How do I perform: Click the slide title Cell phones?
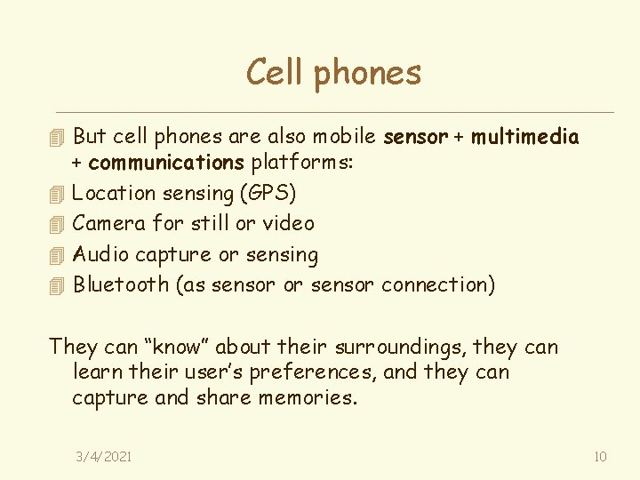coord(333,72)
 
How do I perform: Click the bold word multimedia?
coord(525,137)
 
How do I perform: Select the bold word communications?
coord(166,163)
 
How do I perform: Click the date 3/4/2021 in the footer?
coord(104,456)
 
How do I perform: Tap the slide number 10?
coord(600,456)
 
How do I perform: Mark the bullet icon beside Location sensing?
coord(58,194)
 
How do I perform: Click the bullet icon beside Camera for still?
coord(58,224)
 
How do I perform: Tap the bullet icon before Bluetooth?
coord(58,285)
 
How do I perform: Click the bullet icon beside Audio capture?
coord(58,255)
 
